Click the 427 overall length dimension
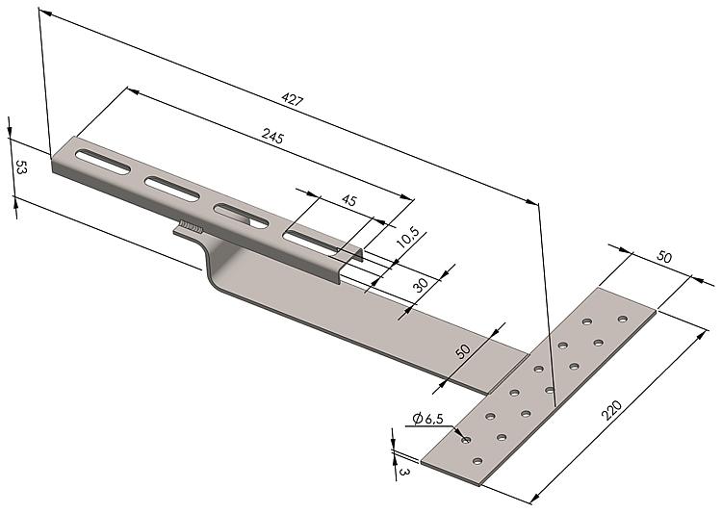[x=293, y=99]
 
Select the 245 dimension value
[x=273, y=136]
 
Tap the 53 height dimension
[x=21, y=167]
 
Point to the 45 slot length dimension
[x=349, y=200]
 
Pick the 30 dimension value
[x=421, y=285]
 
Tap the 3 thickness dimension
[x=403, y=472]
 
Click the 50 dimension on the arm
[x=463, y=351]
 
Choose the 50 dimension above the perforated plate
[x=664, y=256]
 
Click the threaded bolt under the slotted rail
[x=192, y=226]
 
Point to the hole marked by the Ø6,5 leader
[x=466, y=440]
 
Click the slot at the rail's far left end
[x=103, y=162]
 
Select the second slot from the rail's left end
[x=171, y=189]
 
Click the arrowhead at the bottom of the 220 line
[x=534, y=499]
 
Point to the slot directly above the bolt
[x=241, y=216]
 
